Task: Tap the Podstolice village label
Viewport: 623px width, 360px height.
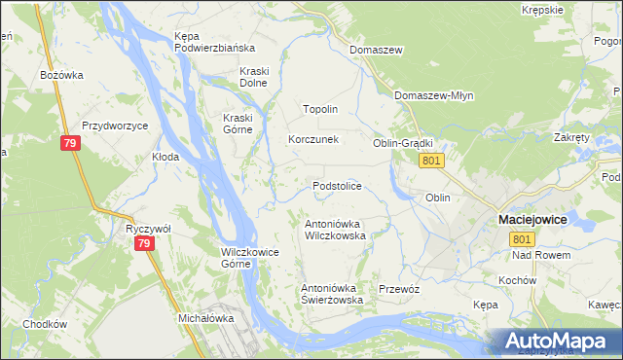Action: [338, 185]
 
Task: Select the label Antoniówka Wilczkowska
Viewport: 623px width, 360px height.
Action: [335, 229]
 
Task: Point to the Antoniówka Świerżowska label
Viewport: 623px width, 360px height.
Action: [332, 294]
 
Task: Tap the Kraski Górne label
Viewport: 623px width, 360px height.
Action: [231, 124]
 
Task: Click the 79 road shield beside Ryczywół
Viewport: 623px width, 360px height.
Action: [143, 243]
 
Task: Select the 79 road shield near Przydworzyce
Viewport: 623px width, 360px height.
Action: [69, 144]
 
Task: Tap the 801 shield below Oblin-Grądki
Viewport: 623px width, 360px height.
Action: [434, 161]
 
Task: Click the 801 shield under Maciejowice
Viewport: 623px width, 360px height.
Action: [523, 239]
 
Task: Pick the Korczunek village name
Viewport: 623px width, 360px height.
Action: [312, 139]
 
